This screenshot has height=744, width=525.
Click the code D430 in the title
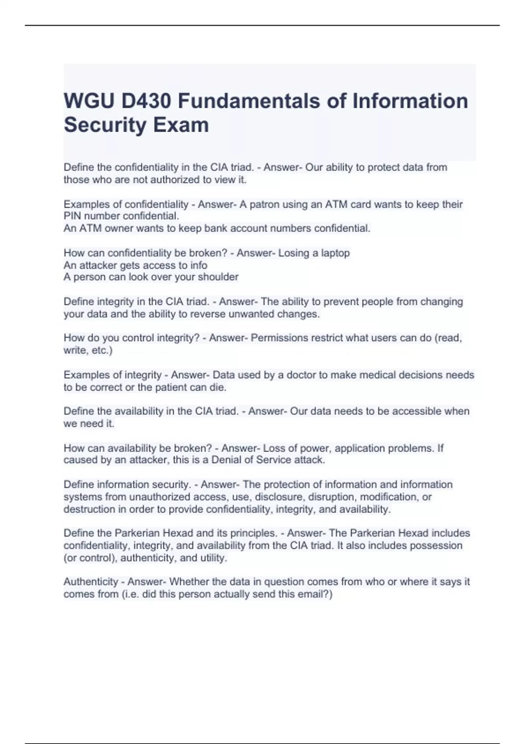tap(146, 101)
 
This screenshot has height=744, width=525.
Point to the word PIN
tap(73, 216)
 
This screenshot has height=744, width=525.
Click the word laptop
tap(336, 253)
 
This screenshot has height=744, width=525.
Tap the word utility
tap(213, 558)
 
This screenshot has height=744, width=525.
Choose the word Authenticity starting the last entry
tap(91, 582)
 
